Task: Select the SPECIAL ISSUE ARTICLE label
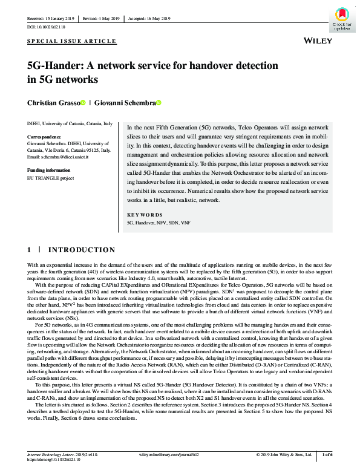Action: pyautogui.click(x=72, y=41)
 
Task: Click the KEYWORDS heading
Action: pyautogui.click(x=145, y=215)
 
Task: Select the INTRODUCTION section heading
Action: pyautogui.click(x=81, y=250)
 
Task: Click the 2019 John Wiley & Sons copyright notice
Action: pyautogui.click(x=283, y=454)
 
